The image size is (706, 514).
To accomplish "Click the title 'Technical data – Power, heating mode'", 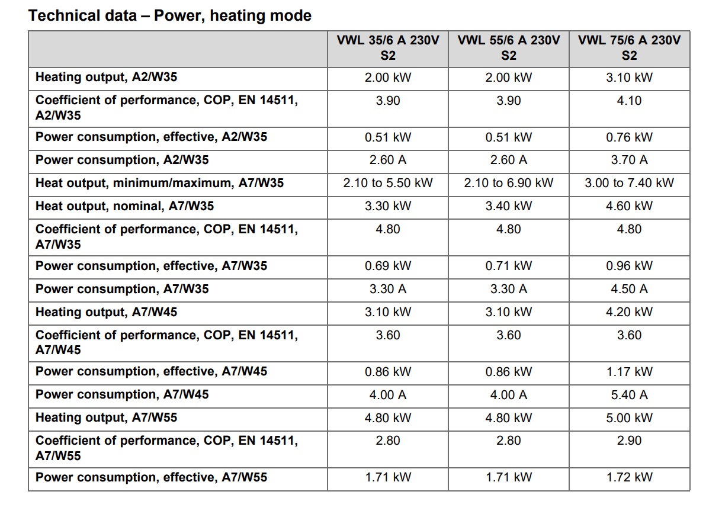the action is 170,16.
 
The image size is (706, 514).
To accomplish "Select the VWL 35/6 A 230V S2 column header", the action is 388,48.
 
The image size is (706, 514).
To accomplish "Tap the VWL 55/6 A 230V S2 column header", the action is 509,48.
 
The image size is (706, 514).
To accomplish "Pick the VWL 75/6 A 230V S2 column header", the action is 630,48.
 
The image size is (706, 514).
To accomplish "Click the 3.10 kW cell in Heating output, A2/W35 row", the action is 630,78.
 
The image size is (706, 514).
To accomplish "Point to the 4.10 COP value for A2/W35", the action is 630,100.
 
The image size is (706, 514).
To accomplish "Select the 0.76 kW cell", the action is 630,137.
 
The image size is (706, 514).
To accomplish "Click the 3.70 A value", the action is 630,160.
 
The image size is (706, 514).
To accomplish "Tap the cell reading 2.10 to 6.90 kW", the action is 509,183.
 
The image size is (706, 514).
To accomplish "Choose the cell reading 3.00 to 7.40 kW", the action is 630,183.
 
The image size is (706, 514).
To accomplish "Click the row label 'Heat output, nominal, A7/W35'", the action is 125,206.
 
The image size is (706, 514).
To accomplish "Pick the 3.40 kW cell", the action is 509,206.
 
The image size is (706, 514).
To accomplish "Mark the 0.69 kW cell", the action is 388,265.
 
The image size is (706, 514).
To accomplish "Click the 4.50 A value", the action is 630,289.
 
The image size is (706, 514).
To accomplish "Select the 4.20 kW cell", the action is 630,312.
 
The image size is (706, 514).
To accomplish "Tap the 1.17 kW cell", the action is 630,372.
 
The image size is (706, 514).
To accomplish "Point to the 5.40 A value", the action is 630,395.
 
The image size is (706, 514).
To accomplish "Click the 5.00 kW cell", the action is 630,417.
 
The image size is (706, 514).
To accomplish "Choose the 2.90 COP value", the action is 630,441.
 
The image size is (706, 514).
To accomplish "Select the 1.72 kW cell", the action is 630,477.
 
